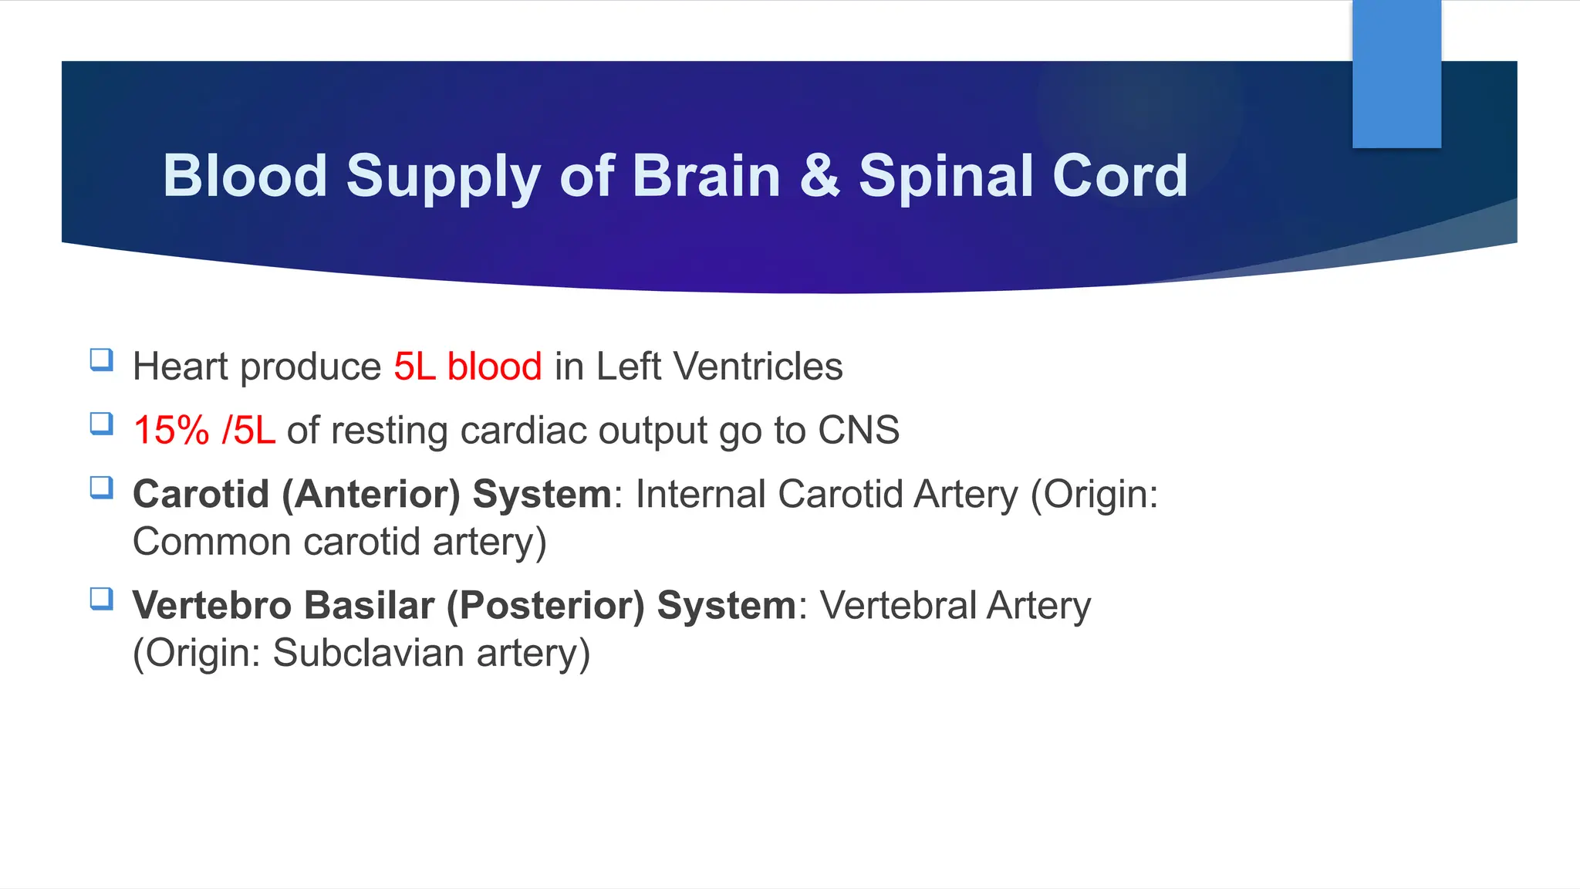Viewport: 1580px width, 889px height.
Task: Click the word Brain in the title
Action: pos(706,176)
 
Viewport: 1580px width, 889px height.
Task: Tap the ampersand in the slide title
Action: pos(819,176)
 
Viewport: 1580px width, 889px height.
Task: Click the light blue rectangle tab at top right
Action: pos(1396,74)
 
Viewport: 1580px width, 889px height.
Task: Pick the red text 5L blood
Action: pos(468,366)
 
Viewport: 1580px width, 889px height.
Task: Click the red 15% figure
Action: pos(171,430)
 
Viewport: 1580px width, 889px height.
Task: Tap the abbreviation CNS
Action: pos(858,430)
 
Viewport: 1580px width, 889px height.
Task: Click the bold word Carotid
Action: pos(201,494)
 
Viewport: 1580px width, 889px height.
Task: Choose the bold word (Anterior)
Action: pos(370,494)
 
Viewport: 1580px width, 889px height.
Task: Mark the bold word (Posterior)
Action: pos(545,605)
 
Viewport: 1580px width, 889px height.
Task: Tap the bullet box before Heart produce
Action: pos(102,360)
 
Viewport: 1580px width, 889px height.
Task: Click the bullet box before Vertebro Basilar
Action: pos(102,599)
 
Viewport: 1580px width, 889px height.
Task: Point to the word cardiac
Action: pos(522,430)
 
